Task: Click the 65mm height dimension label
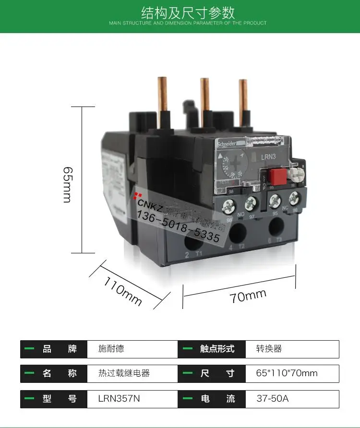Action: [68, 185]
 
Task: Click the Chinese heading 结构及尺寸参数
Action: [188, 12]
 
